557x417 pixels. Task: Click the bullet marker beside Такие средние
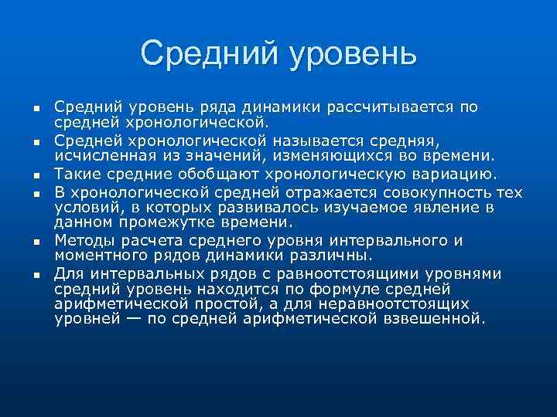(36, 175)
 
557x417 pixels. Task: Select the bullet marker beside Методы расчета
(36, 242)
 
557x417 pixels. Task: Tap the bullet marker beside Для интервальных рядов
(36, 276)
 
